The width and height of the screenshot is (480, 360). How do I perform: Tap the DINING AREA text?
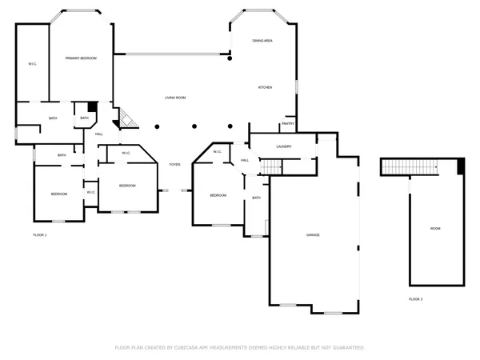click(262, 40)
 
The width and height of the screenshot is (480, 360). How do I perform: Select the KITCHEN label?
click(265, 87)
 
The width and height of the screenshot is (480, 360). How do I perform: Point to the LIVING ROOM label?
click(175, 98)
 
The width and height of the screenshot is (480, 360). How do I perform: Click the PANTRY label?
click(288, 124)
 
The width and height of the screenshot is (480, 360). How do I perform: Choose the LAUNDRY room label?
click(283, 146)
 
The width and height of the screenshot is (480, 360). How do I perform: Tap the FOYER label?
click(174, 165)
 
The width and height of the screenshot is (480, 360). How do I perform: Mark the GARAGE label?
click(313, 234)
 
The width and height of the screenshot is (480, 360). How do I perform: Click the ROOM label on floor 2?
click(435, 229)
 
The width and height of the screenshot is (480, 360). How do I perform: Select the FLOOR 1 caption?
click(40, 235)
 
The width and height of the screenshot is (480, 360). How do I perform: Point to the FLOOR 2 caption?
click(415, 298)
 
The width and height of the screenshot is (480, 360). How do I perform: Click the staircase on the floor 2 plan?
click(410, 166)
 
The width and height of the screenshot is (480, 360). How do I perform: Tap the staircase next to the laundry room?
click(274, 166)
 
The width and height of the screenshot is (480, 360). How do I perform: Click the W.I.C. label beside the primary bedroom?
click(33, 63)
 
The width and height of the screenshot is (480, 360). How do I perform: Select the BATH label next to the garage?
click(256, 198)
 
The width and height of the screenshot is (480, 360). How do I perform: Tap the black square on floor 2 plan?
click(461, 166)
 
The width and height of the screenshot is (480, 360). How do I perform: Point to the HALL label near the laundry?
click(245, 160)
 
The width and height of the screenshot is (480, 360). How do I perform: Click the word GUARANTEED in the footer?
click(349, 348)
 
